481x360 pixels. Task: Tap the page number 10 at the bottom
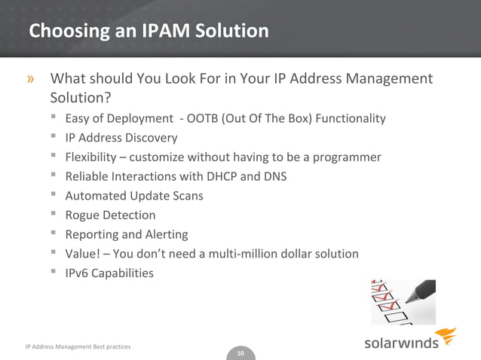click(x=240, y=353)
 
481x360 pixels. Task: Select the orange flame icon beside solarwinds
click(x=447, y=337)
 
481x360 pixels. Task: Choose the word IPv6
click(x=78, y=273)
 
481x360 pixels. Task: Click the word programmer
click(x=349, y=157)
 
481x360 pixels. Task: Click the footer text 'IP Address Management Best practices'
click(x=78, y=346)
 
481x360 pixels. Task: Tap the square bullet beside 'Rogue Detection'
click(x=55, y=215)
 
